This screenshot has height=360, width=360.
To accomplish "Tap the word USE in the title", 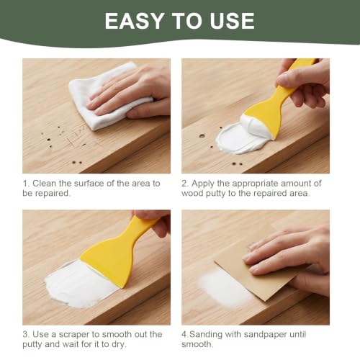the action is (x=232, y=21).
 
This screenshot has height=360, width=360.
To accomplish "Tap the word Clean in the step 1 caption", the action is (x=45, y=184).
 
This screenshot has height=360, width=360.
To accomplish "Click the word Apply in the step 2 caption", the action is (x=203, y=184).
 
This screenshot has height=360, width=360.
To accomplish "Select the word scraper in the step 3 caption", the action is (x=74, y=335).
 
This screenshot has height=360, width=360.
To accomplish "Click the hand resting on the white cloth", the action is (x=130, y=94).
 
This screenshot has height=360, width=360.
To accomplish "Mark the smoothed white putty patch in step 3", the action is (x=79, y=283).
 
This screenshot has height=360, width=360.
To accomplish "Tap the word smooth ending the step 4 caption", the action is (x=196, y=345).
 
